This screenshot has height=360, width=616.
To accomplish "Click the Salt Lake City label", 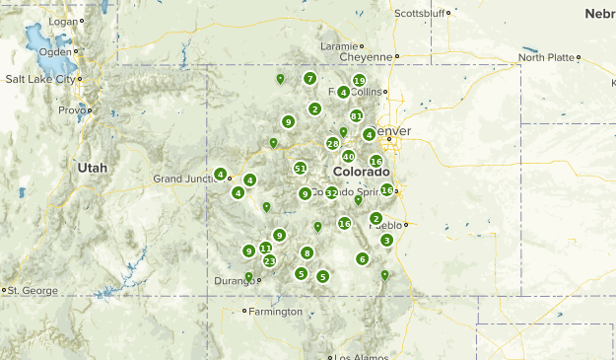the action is (x=40, y=79).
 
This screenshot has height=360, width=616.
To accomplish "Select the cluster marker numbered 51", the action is (x=300, y=168).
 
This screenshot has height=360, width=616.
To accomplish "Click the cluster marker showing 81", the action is (x=357, y=115).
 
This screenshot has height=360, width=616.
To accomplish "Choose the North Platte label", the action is (x=546, y=57).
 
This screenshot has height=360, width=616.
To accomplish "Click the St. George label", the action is (x=30, y=290).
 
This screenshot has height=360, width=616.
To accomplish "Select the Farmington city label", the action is (x=277, y=312).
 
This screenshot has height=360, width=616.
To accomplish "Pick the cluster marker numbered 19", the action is (x=359, y=81).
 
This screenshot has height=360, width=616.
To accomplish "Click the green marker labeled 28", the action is (x=333, y=143).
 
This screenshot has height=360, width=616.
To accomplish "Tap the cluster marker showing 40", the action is (x=348, y=156).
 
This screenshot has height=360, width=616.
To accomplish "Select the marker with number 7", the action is (x=309, y=78).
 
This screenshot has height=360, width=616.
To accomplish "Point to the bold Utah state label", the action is (x=92, y=168).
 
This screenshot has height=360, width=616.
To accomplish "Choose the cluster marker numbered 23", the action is (x=269, y=260).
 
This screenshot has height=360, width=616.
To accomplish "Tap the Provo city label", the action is (x=72, y=110).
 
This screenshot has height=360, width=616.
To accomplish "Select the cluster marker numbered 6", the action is (x=362, y=258).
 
